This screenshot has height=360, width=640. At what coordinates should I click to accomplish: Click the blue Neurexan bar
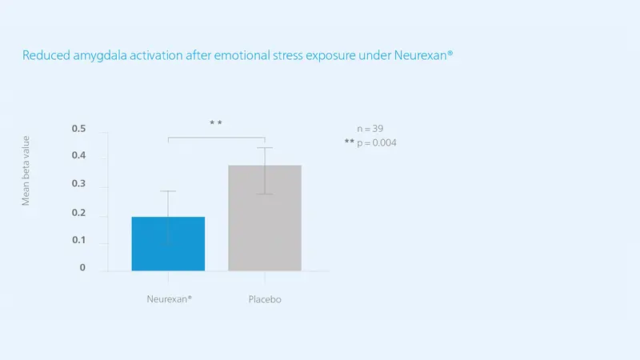click(168, 244)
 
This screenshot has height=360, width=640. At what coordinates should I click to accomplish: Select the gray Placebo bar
click(265, 218)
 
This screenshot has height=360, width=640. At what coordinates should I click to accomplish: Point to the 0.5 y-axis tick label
click(78, 129)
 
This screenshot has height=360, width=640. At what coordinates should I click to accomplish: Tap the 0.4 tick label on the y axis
click(78, 155)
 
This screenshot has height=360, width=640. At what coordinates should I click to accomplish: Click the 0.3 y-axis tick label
click(78, 183)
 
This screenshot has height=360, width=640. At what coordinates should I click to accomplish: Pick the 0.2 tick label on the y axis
click(78, 213)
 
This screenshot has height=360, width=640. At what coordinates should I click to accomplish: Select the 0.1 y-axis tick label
click(78, 240)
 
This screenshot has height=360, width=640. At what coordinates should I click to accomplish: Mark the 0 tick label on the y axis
click(82, 267)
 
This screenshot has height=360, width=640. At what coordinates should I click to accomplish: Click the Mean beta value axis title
click(26, 170)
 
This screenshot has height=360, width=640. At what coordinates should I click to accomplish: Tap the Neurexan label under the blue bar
click(169, 299)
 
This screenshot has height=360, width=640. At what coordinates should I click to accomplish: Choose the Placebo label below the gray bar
click(265, 299)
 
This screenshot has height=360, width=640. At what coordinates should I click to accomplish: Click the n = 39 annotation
click(370, 129)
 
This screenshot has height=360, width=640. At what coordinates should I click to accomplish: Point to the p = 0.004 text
click(377, 143)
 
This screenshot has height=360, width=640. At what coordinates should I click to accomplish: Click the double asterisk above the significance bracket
click(216, 122)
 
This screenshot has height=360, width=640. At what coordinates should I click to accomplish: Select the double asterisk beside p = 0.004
click(350, 142)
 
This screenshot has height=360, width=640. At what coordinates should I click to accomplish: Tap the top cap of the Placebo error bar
click(265, 148)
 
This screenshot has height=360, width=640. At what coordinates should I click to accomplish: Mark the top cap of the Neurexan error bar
click(168, 190)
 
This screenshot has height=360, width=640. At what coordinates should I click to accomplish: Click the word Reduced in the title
click(46, 55)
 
